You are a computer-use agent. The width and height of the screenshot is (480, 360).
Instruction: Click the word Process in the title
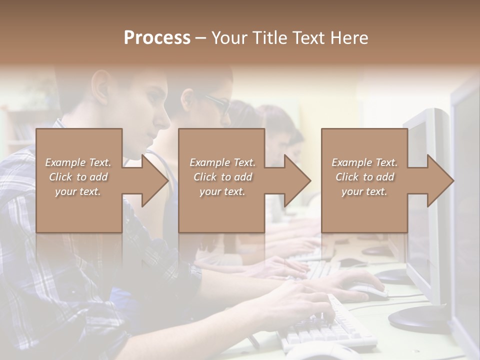click(157, 38)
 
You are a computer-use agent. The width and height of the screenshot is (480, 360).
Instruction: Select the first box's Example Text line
click(78, 162)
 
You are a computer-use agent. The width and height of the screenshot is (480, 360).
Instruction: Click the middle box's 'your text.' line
click(222, 191)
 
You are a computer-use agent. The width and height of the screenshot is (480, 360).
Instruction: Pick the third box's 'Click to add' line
click(364, 177)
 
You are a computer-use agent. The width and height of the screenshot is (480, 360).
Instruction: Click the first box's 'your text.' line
click(78, 191)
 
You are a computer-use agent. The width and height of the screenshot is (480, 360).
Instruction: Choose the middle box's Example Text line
click(222, 162)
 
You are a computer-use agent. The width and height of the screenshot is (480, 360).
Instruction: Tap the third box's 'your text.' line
click(364, 191)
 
